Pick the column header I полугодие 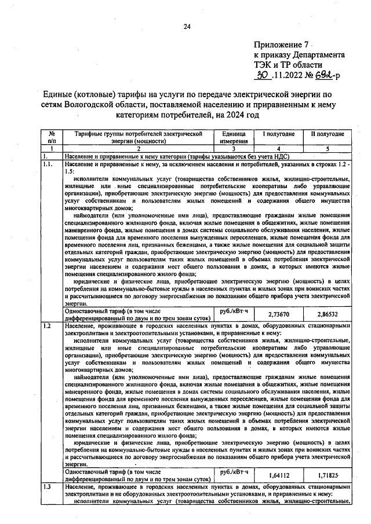point(279,134)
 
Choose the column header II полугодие point(328,134)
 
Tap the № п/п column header point(52,137)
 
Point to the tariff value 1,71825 point(328,475)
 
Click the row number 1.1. point(49,164)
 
